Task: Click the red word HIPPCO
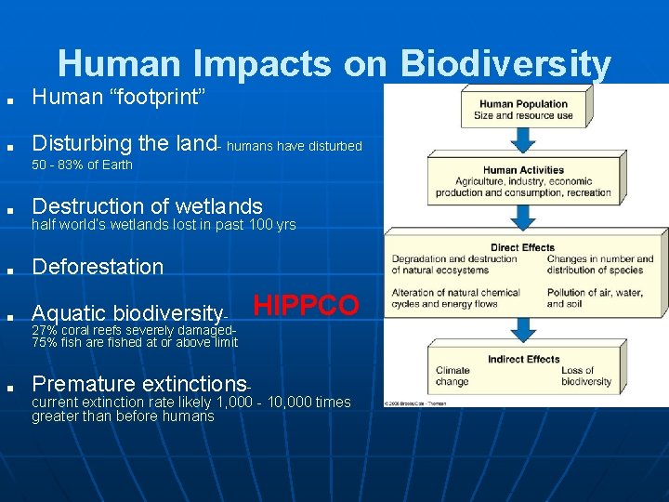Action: [x=306, y=306]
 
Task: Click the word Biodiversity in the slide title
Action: [x=506, y=64]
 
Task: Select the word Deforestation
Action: [x=98, y=267]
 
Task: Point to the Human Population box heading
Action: [x=523, y=104]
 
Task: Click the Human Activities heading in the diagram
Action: [x=523, y=170]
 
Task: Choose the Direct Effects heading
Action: [x=523, y=247]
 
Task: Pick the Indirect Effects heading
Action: [x=523, y=359]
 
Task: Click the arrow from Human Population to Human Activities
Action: [x=523, y=139]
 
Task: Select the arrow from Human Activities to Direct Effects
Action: [x=523, y=218]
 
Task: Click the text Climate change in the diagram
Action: [x=453, y=376]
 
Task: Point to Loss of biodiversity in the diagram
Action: [x=586, y=376]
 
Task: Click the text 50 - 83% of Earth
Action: [x=82, y=165]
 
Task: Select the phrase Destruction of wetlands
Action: [x=147, y=206]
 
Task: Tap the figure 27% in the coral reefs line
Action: [x=44, y=330]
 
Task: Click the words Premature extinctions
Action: [x=139, y=384]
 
